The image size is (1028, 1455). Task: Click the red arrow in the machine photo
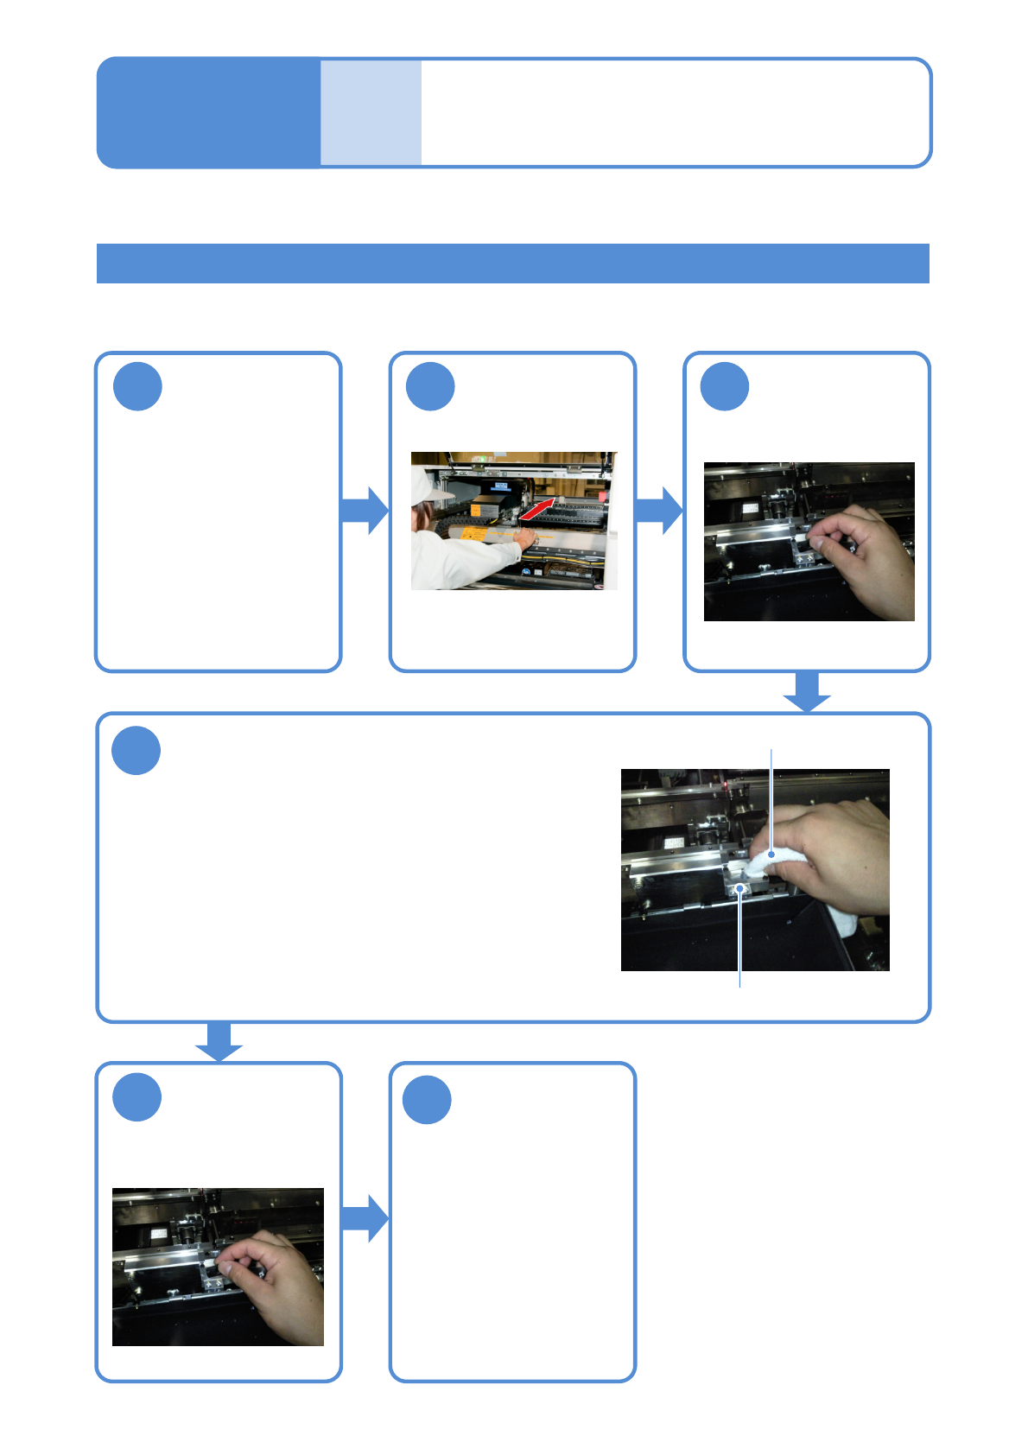537,510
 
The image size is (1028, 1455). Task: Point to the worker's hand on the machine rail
524,537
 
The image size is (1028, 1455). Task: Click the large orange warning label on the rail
473,534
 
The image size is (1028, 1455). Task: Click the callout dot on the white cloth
771,855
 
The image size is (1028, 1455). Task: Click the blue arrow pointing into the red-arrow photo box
365,510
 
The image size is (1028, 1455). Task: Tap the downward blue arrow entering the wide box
807,691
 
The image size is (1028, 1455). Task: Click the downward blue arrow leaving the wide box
219,1041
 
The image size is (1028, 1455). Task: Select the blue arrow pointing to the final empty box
365,1218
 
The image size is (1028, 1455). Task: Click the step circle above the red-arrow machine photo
430,386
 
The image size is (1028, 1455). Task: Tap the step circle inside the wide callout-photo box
136,751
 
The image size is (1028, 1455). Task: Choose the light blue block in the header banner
371,112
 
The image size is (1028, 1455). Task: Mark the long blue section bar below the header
513,264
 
